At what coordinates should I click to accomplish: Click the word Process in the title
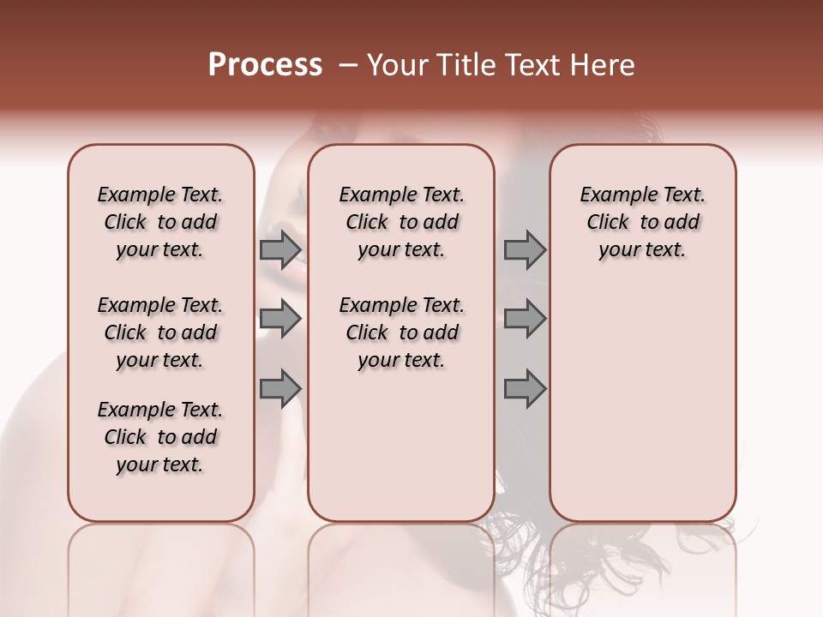[265, 65]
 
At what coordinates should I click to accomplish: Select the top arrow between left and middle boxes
[280, 250]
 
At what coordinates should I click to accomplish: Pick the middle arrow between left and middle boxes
[280, 320]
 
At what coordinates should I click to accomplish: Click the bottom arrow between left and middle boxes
[280, 388]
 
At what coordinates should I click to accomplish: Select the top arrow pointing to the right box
[525, 250]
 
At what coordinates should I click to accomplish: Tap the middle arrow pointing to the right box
[525, 320]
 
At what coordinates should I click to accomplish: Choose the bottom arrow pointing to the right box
[525, 388]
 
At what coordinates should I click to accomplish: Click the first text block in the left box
[160, 222]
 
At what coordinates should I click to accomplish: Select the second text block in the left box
[160, 332]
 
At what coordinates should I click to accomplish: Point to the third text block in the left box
[160, 437]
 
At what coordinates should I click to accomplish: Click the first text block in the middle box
[401, 222]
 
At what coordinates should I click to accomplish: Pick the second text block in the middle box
[401, 332]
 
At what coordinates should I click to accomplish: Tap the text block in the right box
[642, 222]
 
